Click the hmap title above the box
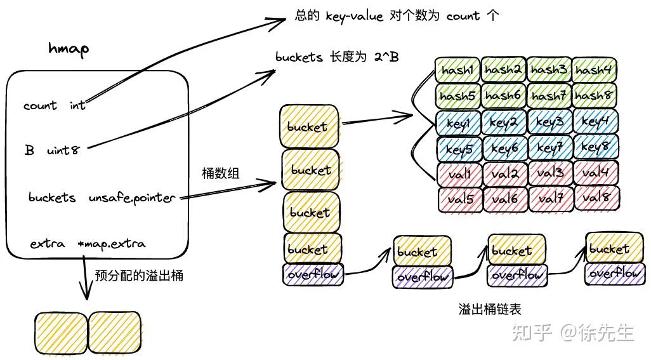pyautogui.click(x=69, y=49)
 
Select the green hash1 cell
pyautogui.click(x=457, y=70)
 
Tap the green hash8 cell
pyautogui.click(x=594, y=95)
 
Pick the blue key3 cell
pyautogui.click(x=549, y=122)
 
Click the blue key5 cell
pyautogui.click(x=459, y=148)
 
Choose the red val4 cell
pyautogui.click(x=596, y=173)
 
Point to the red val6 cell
pyautogui.click(x=505, y=199)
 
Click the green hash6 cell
pyautogui.click(x=503, y=96)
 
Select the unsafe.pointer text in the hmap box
pyautogui.click(x=132, y=198)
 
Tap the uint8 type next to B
pyautogui.click(x=63, y=150)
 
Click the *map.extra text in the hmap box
pyautogui.click(x=111, y=244)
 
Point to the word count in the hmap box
pyautogui.click(x=40, y=105)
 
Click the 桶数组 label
pyautogui.click(x=220, y=173)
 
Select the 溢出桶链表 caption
pyautogui.click(x=489, y=309)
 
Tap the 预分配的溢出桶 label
pyautogui.click(x=139, y=276)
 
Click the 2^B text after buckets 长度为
pyautogui.click(x=386, y=57)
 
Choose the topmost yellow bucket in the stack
pyautogui.click(x=309, y=126)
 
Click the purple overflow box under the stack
pyautogui.click(x=313, y=274)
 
